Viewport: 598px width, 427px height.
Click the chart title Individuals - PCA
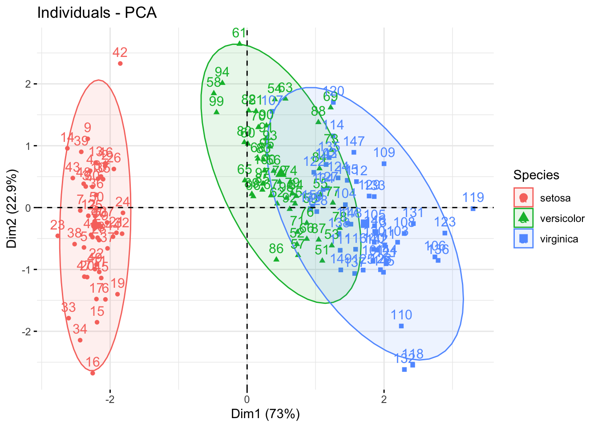pos(97,12)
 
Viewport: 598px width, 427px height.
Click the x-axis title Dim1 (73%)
pos(265,414)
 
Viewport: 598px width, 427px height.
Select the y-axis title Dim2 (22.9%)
pos(12,209)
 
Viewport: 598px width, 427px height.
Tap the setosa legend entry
pos(555,198)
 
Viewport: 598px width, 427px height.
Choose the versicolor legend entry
pos(562,218)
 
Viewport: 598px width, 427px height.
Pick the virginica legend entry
pos(559,239)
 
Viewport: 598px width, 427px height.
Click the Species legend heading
pos(536,175)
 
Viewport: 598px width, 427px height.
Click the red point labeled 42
pos(120,64)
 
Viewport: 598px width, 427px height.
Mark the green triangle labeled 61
pos(239,43)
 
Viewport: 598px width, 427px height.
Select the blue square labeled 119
pos(473,209)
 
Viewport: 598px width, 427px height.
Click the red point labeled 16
pos(93,373)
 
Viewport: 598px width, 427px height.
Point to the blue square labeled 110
pos(401,326)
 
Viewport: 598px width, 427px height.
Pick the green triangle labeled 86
pos(276,259)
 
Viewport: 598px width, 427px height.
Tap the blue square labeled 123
pos(444,233)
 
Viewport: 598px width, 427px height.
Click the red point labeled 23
pos(58,236)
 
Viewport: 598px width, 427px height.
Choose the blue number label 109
pos(384,153)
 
